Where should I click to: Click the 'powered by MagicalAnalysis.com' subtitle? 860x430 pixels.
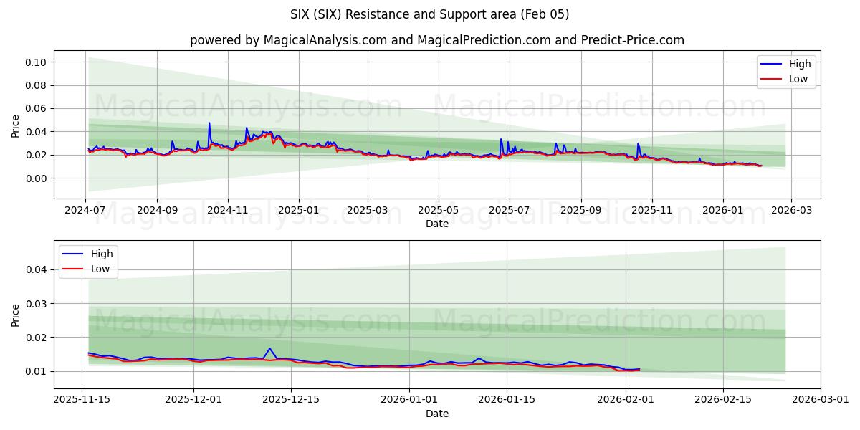(x=436, y=40)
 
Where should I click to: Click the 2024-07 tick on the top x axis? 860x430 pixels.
(x=86, y=210)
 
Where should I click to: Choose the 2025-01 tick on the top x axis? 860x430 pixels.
(x=298, y=210)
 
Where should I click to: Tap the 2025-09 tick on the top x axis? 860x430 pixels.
(x=580, y=210)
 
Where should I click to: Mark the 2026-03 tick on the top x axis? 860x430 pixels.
(x=791, y=210)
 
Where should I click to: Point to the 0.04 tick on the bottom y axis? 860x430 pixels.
(x=36, y=269)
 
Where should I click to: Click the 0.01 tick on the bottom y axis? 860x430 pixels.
(x=36, y=371)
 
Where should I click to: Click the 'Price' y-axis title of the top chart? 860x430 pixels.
(x=16, y=125)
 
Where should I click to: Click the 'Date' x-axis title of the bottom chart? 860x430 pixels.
(x=436, y=414)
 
